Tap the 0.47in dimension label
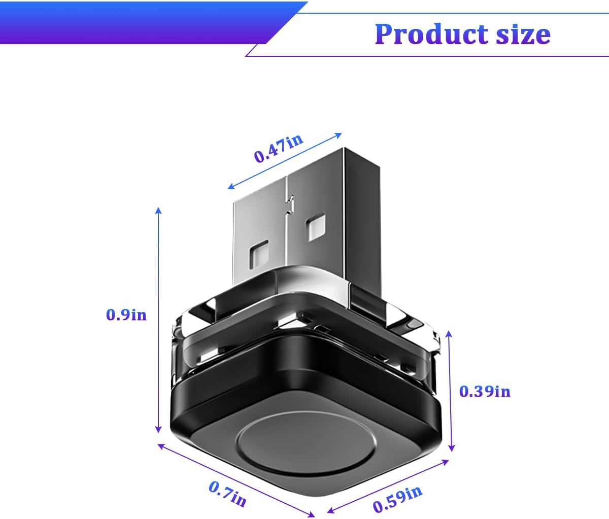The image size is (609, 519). pyautogui.click(x=279, y=148)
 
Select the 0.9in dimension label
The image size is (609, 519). pyautogui.click(x=126, y=315)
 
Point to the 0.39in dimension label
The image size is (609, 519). pyautogui.click(x=485, y=392)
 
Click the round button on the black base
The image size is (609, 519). pyautogui.click(x=307, y=444)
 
